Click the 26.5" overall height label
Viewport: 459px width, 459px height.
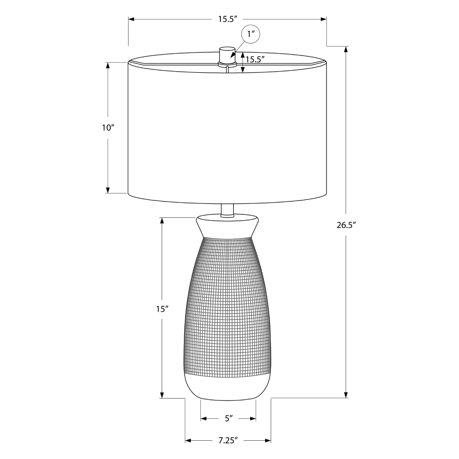(346, 225)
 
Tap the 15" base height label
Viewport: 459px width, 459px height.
(162, 309)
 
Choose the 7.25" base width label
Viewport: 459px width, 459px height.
(228, 440)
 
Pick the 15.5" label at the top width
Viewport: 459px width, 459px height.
(227, 19)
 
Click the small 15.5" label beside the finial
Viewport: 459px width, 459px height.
(255, 59)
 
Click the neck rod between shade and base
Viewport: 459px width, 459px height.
(227, 210)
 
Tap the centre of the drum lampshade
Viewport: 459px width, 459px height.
(227, 130)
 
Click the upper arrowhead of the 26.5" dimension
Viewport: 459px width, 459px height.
(346, 49)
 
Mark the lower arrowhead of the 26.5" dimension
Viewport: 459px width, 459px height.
(346, 394)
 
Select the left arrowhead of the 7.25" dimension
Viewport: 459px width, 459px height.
(188, 440)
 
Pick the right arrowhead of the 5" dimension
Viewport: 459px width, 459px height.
(253, 419)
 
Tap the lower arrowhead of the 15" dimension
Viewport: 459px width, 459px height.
(162, 394)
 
